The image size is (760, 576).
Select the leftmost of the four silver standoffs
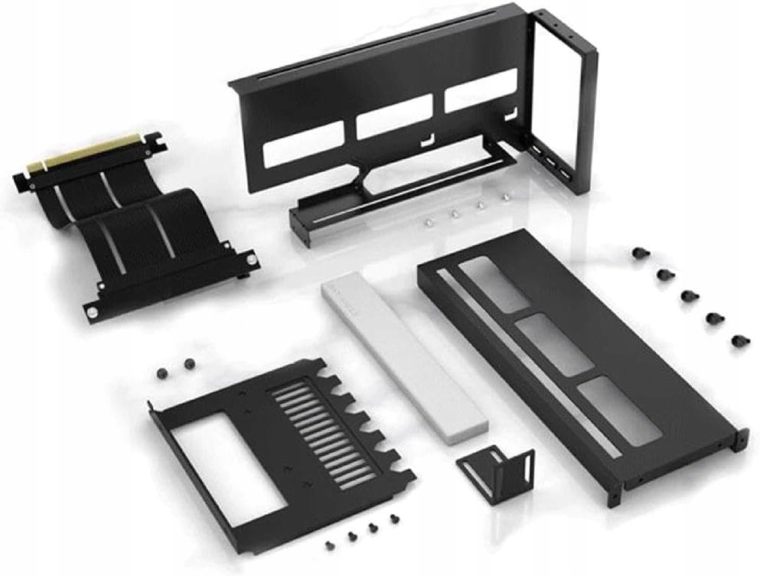pos(429,221)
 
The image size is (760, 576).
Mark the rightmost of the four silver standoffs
pos(504,197)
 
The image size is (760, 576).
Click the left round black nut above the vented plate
pos(161,371)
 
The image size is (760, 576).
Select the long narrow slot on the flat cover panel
pos(535,382)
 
